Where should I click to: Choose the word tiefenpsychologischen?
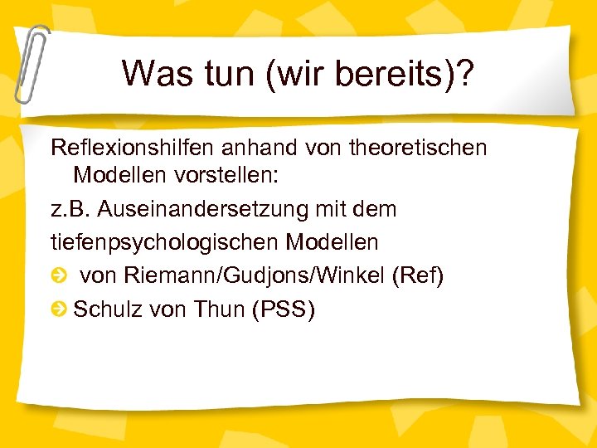coord(164,243)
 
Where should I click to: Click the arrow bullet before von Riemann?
coord(59,276)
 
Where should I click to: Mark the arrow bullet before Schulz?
coord(59,309)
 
